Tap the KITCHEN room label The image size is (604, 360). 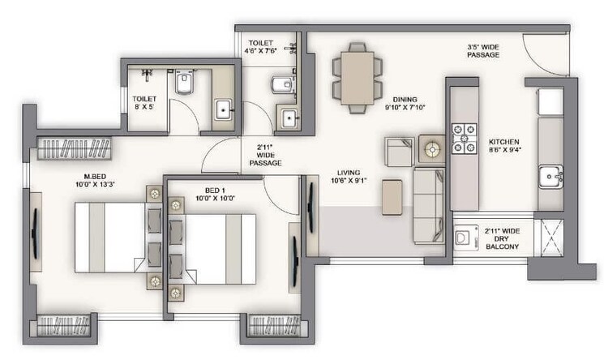coord(503,141)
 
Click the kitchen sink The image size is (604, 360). coord(551,174)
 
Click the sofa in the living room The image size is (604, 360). coord(428,204)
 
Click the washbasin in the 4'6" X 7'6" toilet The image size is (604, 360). coord(289,118)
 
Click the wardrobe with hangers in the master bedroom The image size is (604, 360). coord(75,149)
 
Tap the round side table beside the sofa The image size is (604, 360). coord(431,149)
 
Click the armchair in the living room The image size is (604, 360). coord(399,152)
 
